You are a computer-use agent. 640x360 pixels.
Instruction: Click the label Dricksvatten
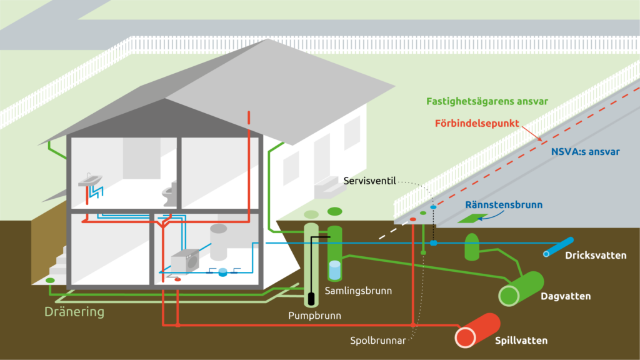coord(595,256)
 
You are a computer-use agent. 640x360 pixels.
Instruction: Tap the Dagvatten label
coord(565,296)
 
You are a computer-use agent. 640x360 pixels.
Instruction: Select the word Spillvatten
coord(521,341)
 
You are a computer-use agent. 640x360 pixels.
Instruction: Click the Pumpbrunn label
coord(314,316)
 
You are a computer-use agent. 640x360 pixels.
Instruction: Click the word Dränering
coord(74,311)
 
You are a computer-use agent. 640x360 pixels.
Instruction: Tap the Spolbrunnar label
coord(379,341)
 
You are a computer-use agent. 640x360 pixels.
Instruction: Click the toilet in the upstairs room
coord(169,192)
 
